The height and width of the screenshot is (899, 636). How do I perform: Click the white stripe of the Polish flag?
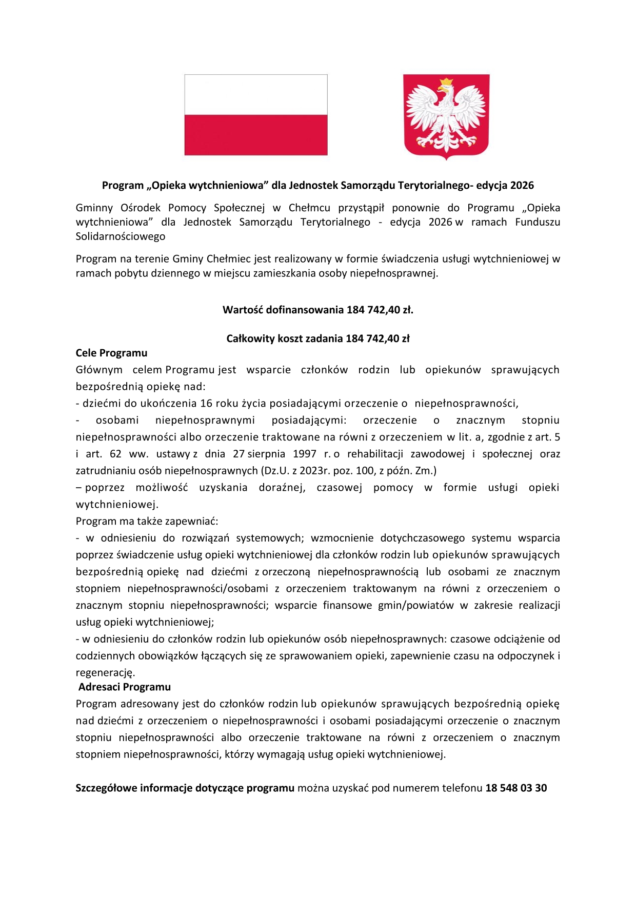(x=255, y=95)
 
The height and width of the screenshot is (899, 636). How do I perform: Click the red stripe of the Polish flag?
(x=255, y=134)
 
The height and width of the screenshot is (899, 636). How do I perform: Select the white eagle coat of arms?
(x=446, y=117)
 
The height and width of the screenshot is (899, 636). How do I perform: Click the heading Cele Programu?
(x=111, y=353)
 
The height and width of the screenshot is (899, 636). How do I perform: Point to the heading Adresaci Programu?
(x=125, y=687)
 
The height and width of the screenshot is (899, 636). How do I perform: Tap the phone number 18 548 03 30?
(x=516, y=788)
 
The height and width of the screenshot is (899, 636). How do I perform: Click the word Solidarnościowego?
(x=121, y=236)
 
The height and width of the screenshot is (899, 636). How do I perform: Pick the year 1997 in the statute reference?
(x=305, y=454)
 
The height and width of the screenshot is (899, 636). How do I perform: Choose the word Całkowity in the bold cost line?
(x=250, y=338)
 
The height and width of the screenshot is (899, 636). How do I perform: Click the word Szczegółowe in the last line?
(x=106, y=788)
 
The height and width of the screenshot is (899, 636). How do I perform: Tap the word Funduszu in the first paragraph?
(x=538, y=222)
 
